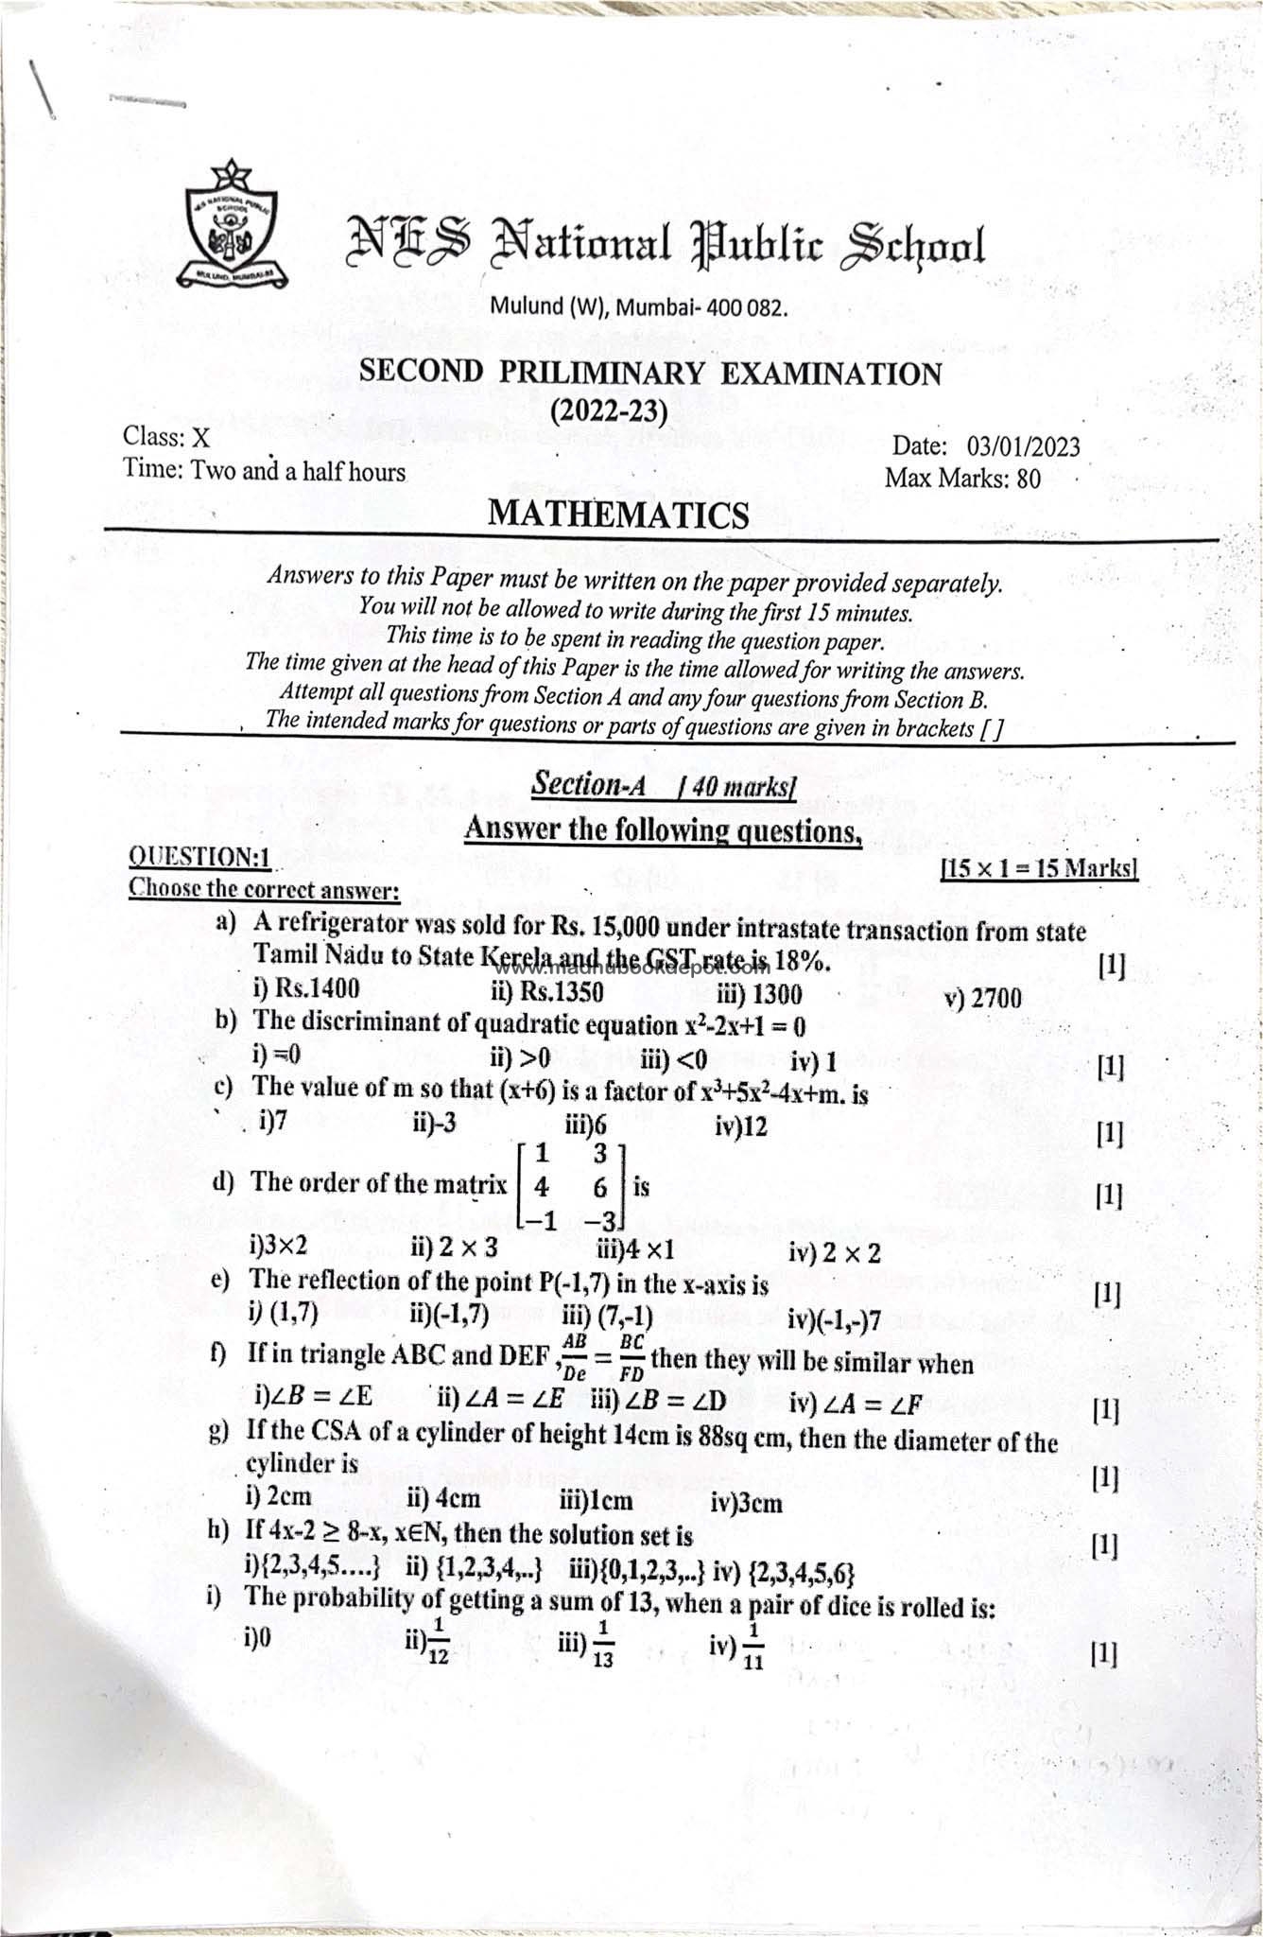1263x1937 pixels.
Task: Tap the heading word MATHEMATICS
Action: tap(618, 515)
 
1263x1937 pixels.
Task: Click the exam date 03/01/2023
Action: tap(1023, 446)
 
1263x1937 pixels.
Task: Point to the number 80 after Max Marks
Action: tap(1028, 479)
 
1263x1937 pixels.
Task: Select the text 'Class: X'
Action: tap(166, 437)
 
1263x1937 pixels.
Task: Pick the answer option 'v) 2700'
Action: tap(982, 998)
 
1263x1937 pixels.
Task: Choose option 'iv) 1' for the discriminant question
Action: tap(813, 1063)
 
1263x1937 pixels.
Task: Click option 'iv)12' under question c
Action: tap(742, 1126)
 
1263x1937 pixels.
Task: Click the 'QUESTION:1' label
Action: tap(200, 857)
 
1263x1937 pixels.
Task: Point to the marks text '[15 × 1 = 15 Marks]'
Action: tap(1039, 868)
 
